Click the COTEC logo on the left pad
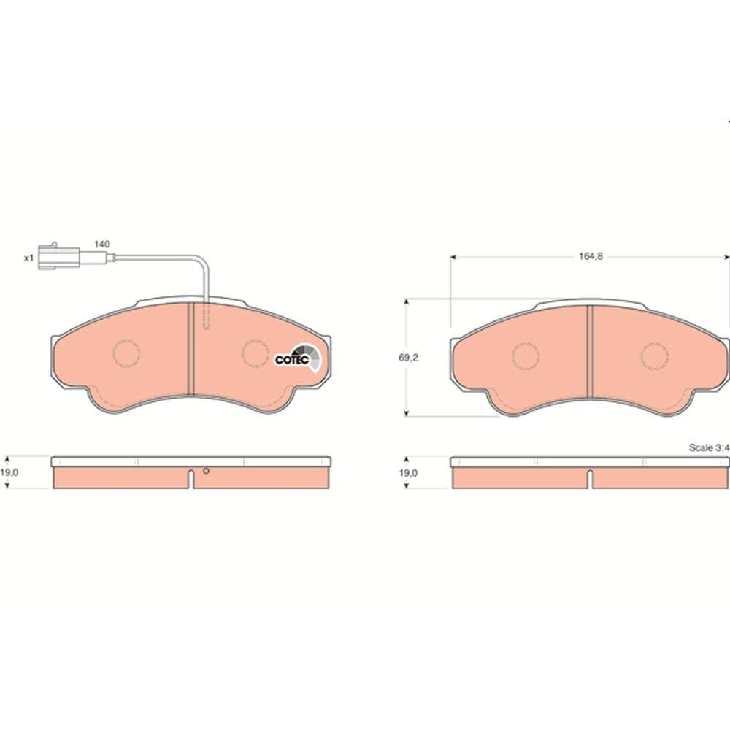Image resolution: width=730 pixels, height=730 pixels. pyautogui.click(x=298, y=358)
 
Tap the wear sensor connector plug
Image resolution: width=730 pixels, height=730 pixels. pyautogui.click(x=59, y=256)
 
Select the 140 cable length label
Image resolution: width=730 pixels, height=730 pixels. pyautogui.click(x=102, y=245)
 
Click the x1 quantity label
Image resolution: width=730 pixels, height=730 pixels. pyautogui.click(x=29, y=258)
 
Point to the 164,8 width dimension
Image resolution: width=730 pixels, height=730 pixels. pyautogui.click(x=591, y=256)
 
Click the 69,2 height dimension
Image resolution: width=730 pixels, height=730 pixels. pyautogui.click(x=408, y=358)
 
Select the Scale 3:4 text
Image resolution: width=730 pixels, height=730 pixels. pyautogui.click(x=709, y=448)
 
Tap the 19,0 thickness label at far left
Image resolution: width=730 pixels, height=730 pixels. pyautogui.click(x=9, y=472)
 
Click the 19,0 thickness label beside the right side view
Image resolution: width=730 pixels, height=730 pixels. pyautogui.click(x=408, y=473)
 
